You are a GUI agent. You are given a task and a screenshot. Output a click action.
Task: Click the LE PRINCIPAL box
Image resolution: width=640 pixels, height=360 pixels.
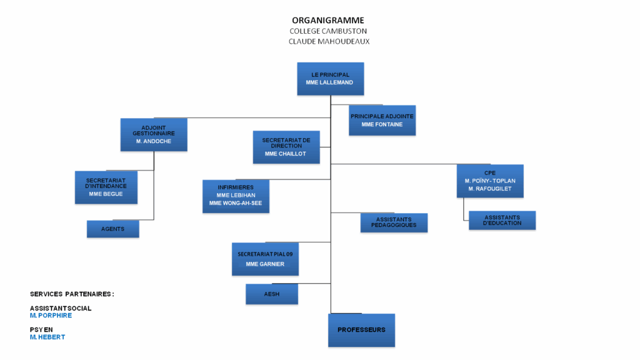click(330, 79)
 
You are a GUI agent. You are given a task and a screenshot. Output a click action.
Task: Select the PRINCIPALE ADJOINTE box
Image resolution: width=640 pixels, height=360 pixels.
click(382, 121)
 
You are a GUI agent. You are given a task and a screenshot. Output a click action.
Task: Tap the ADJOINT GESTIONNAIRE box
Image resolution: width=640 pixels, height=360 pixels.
click(154, 134)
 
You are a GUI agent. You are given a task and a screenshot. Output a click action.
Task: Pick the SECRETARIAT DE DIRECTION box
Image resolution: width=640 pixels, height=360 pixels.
click(286, 147)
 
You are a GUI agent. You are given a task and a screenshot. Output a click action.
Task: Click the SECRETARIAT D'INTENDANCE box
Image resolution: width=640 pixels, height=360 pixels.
click(106, 187)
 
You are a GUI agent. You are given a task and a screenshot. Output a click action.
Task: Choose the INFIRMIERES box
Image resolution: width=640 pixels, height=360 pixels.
click(236, 196)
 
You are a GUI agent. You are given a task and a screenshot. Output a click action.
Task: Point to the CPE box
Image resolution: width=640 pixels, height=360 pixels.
click(490, 181)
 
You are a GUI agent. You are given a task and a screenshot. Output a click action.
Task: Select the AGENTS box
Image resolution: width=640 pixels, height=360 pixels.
click(112, 229)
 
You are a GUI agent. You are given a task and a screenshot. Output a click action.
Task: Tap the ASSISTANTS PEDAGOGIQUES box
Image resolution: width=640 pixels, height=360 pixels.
click(394, 222)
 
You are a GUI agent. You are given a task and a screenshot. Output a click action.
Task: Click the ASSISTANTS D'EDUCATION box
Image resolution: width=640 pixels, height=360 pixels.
click(502, 220)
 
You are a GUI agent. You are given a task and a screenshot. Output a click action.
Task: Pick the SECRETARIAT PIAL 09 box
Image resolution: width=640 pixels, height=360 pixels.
click(265, 259)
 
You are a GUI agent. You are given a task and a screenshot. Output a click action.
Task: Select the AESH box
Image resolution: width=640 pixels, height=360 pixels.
click(271, 294)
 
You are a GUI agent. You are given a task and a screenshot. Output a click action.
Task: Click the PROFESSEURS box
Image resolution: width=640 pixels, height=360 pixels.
click(361, 330)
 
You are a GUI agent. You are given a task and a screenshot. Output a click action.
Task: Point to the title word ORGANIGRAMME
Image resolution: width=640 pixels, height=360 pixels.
click(328, 20)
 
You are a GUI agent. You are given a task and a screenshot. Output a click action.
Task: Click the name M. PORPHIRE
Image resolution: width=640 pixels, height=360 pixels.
click(51, 316)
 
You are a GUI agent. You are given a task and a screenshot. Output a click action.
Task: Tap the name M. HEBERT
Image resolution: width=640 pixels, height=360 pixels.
click(47, 337)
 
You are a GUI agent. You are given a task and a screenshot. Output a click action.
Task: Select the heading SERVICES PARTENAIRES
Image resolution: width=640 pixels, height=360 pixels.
click(72, 294)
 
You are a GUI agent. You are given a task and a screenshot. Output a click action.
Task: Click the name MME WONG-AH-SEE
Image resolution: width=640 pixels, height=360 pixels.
click(236, 203)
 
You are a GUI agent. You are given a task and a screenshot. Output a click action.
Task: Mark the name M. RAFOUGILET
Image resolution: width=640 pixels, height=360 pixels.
click(490, 189)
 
